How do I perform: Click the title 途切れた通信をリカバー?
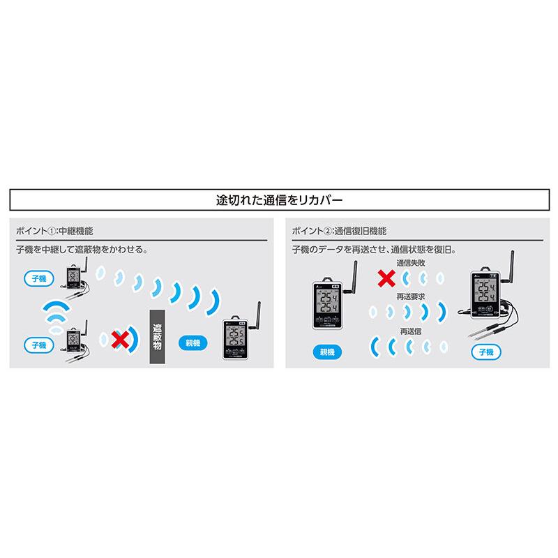tap(279, 199)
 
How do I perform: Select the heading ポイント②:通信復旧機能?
tap(338, 231)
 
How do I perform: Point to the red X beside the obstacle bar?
tap(121, 340)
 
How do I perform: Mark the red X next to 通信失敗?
tap(384, 280)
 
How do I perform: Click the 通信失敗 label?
tap(410, 264)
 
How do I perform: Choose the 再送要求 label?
tap(410, 296)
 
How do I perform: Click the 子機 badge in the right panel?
tap(485, 352)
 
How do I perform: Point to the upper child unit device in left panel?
tap(73, 278)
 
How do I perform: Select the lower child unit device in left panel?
tap(74, 341)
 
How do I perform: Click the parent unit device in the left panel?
tap(235, 339)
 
